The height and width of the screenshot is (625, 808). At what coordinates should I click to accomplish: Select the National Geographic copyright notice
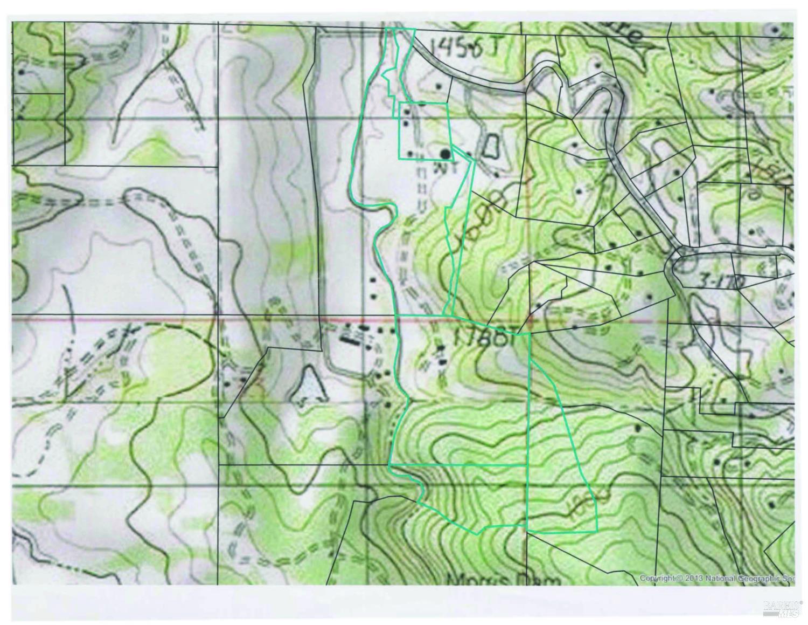pos(716,578)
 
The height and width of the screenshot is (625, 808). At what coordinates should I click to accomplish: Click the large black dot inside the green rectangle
pos(445,155)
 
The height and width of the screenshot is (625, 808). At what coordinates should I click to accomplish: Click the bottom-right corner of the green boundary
pos(597,532)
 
